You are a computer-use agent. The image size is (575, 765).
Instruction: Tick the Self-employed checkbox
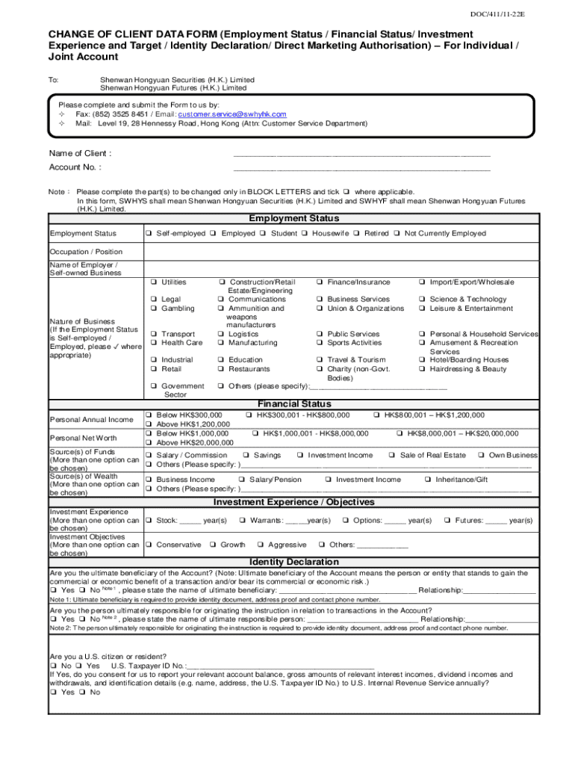pos(150,234)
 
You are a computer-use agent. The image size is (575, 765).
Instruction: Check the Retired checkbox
pos(358,234)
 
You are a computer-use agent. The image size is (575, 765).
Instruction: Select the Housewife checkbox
pos(305,234)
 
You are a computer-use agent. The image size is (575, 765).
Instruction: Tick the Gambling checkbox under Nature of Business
pos(153,309)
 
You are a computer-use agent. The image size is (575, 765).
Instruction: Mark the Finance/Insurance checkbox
pos(319,282)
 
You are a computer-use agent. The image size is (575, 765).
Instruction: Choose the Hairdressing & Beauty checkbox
pos(423,369)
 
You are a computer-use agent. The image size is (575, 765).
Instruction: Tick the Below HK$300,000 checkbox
pos(149,415)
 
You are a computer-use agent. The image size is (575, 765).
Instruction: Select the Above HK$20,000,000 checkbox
pos(149,443)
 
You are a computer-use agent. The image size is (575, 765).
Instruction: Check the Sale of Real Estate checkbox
pos(392,455)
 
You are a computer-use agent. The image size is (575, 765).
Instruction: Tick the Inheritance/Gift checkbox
pos(449,480)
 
